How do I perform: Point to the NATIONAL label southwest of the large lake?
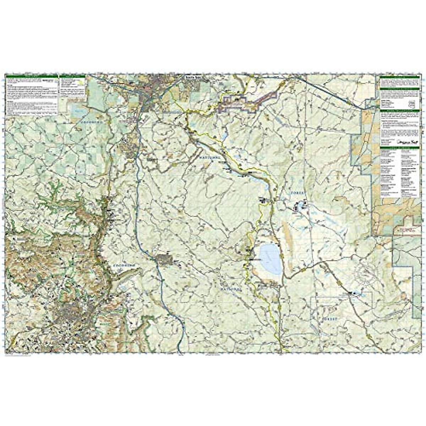point(231,289)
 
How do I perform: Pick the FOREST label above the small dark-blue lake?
point(297,192)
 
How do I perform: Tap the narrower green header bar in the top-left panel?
point(72,76)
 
